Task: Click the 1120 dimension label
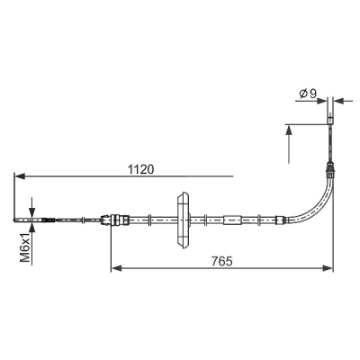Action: pos(140,170)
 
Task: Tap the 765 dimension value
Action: pos(222,261)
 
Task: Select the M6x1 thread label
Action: pos(26,247)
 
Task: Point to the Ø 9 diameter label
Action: pos(308,94)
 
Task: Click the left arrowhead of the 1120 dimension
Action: pos(20,176)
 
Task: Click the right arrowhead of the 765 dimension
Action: pos(328,268)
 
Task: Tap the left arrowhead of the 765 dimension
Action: pos(116,268)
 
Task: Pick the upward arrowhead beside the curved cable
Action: pos(289,130)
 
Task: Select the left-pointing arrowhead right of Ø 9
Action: pos(339,101)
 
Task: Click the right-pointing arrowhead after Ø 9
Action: pos(321,101)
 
